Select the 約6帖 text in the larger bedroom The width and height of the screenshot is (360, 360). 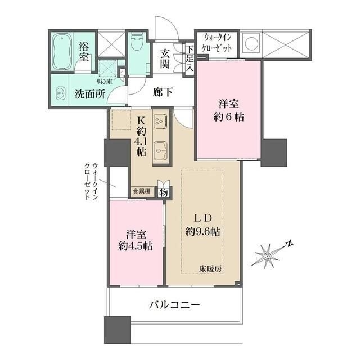click(231, 118)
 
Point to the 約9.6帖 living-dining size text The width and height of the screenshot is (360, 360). click(203, 231)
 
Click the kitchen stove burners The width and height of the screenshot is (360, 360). click(159, 120)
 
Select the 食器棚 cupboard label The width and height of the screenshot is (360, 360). click(141, 192)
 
